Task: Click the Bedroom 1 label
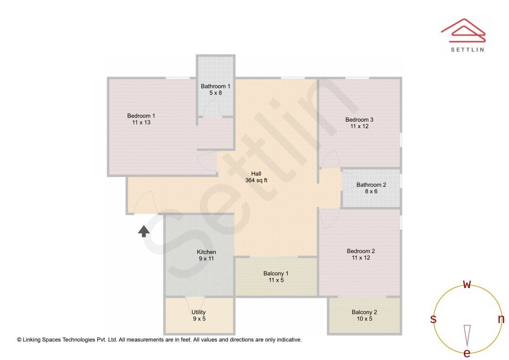141,116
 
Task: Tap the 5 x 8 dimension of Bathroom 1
215,93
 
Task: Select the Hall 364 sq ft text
256,177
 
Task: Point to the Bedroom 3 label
359,120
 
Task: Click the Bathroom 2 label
371,185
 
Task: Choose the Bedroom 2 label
361,251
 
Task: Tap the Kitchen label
206,252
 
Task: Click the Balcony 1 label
276,274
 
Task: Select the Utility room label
198,312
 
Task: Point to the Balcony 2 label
364,312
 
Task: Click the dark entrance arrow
144,230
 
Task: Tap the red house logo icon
463,30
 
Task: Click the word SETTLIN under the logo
467,49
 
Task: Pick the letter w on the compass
467,284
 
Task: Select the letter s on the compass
433,319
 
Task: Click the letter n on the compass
501,319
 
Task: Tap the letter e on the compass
467,353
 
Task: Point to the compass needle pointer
467,335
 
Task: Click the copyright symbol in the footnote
19,340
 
